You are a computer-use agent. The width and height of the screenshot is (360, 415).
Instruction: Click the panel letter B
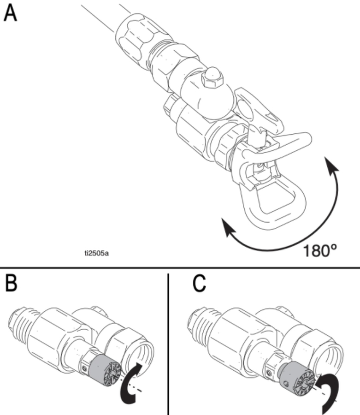pyautogui.click(x=11, y=284)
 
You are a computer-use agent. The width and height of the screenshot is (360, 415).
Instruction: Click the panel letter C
pyautogui.click(x=199, y=284)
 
